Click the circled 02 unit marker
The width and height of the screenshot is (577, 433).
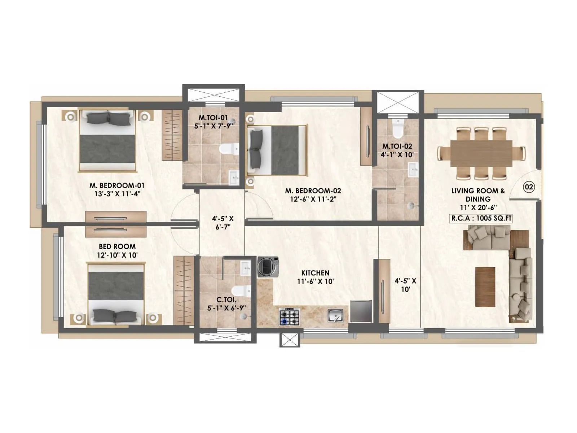[529, 187]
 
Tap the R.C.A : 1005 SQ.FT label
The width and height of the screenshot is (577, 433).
[481, 218]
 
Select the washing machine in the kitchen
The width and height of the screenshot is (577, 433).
[268, 267]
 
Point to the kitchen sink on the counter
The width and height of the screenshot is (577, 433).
[335, 316]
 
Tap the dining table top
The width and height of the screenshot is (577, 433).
[481, 153]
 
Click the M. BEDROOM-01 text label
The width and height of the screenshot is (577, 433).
[117, 185]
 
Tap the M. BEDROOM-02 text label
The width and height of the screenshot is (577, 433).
[313, 191]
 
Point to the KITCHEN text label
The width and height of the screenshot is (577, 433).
[315, 273]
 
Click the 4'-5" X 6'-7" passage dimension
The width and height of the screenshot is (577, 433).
[223, 223]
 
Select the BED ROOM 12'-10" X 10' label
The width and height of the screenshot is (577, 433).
[117, 251]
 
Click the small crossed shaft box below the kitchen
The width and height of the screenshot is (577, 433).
[290, 340]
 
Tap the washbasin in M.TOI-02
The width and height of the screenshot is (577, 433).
[413, 169]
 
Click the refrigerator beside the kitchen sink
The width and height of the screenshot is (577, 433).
[361, 311]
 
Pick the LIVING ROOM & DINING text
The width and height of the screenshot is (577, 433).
[478, 195]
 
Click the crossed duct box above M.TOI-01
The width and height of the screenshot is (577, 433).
[213, 93]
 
